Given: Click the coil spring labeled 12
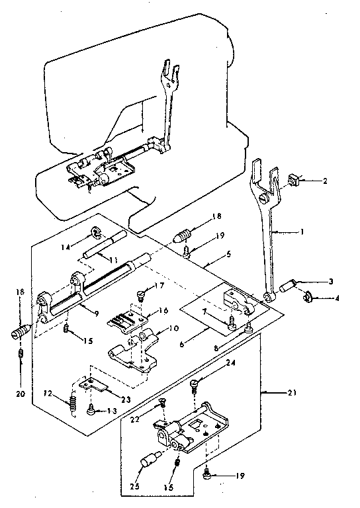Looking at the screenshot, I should [x=71, y=400].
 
